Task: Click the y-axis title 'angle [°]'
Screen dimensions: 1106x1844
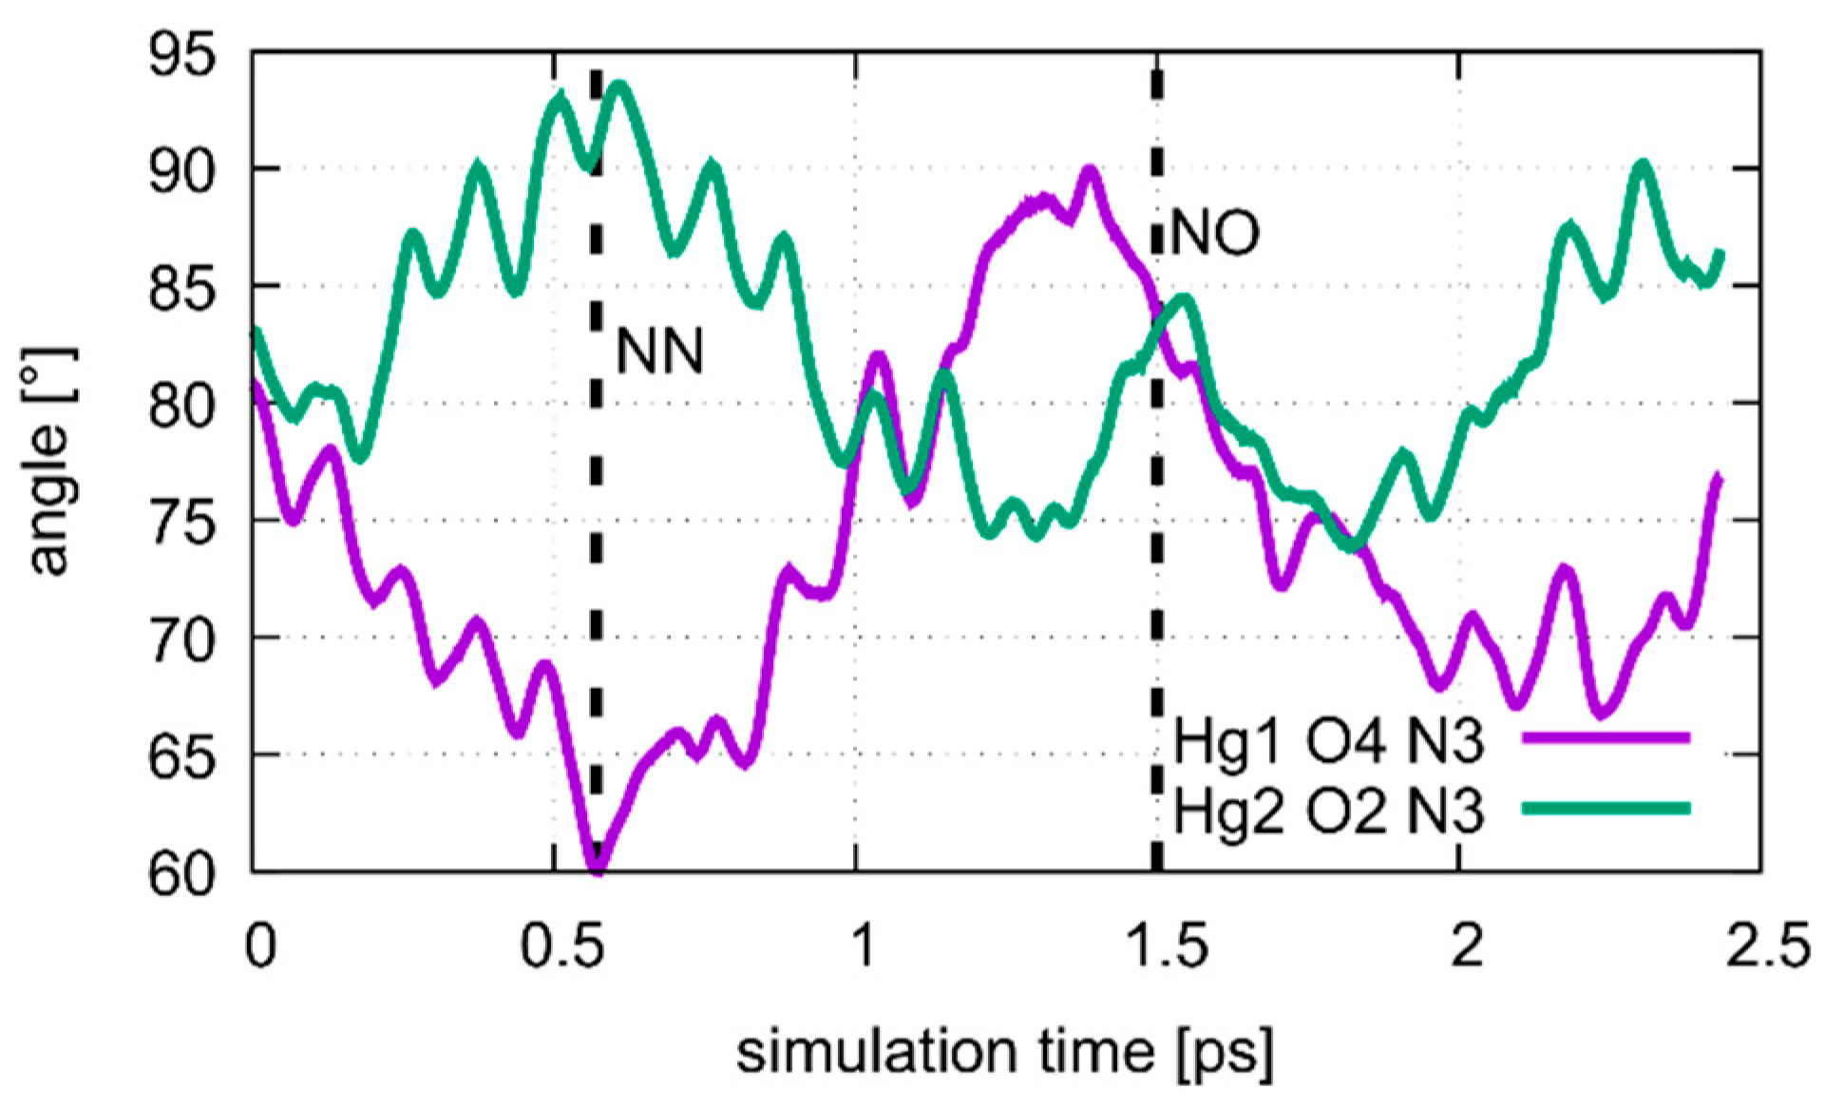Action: coord(51,461)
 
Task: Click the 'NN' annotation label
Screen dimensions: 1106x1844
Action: coord(659,352)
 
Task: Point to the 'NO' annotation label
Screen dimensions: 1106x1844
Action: coord(1215,233)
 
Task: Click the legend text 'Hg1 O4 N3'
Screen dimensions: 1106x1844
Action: coord(1328,741)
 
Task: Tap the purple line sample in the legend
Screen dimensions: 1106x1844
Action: coord(1606,736)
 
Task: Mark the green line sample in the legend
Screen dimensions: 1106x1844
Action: coord(1606,809)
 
